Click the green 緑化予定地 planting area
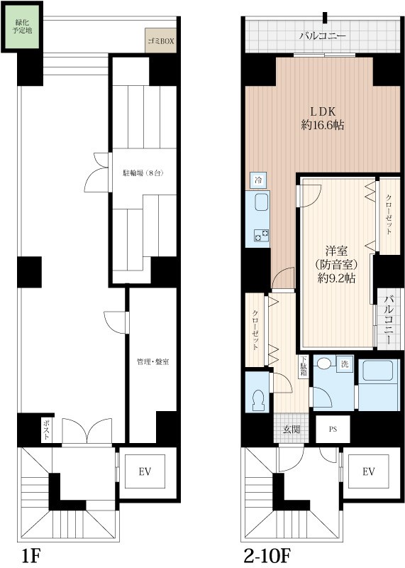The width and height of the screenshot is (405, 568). pyautogui.click(x=23, y=26)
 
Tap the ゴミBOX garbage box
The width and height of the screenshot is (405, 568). pyautogui.click(x=161, y=40)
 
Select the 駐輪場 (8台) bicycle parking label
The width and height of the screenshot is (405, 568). pyautogui.click(x=143, y=173)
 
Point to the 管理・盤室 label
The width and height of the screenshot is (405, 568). pyautogui.click(x=153, y=361)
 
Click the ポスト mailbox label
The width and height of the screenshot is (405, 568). pyautogui.click(x=46, y=430)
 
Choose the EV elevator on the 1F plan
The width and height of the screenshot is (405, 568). pyautogui.click(x=145, y=471)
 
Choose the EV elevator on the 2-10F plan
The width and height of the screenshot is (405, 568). pyautogui.click(x=368, y=471)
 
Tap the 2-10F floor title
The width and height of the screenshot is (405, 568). pyautogui.click(x=267, y=556)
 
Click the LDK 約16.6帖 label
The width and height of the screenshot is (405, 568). pyautogui.click(x=323, y=118)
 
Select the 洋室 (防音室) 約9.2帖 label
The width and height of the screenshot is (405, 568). pyautogui.click(x=337, y=263)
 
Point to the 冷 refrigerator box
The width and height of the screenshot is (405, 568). pyautogui.click(x=258, y=180)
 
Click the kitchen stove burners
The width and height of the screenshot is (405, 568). pyautogui.click(x=262, y=235)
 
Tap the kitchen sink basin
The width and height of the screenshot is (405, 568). pyautogui.click(x=262, y=202)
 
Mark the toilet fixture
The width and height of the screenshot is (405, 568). pyautogui.click(x=259, y=400)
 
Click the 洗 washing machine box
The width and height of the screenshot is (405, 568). pyautogui.click(x=345, y=364)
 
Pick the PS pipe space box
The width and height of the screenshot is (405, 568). pyautogui.click(x=333, y=430)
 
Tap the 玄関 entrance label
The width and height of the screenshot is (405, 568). pyautogui.click(x=292, y=430)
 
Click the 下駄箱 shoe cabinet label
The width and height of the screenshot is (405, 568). pyautogui.click(x=304, y=367)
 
